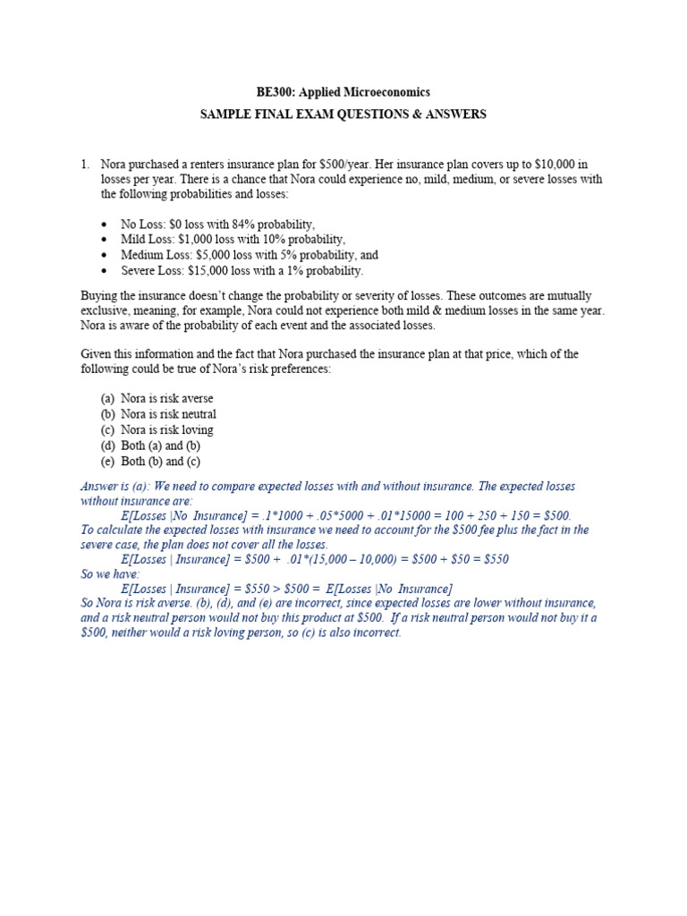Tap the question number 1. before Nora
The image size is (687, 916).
[85, 165]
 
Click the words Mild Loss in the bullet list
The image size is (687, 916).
[147, 239]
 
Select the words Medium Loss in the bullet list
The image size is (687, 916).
[157, 255]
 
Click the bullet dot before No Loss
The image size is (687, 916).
[106, 225]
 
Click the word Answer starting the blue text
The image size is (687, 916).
[98, 487]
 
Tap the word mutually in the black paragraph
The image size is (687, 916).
[569, 295]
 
